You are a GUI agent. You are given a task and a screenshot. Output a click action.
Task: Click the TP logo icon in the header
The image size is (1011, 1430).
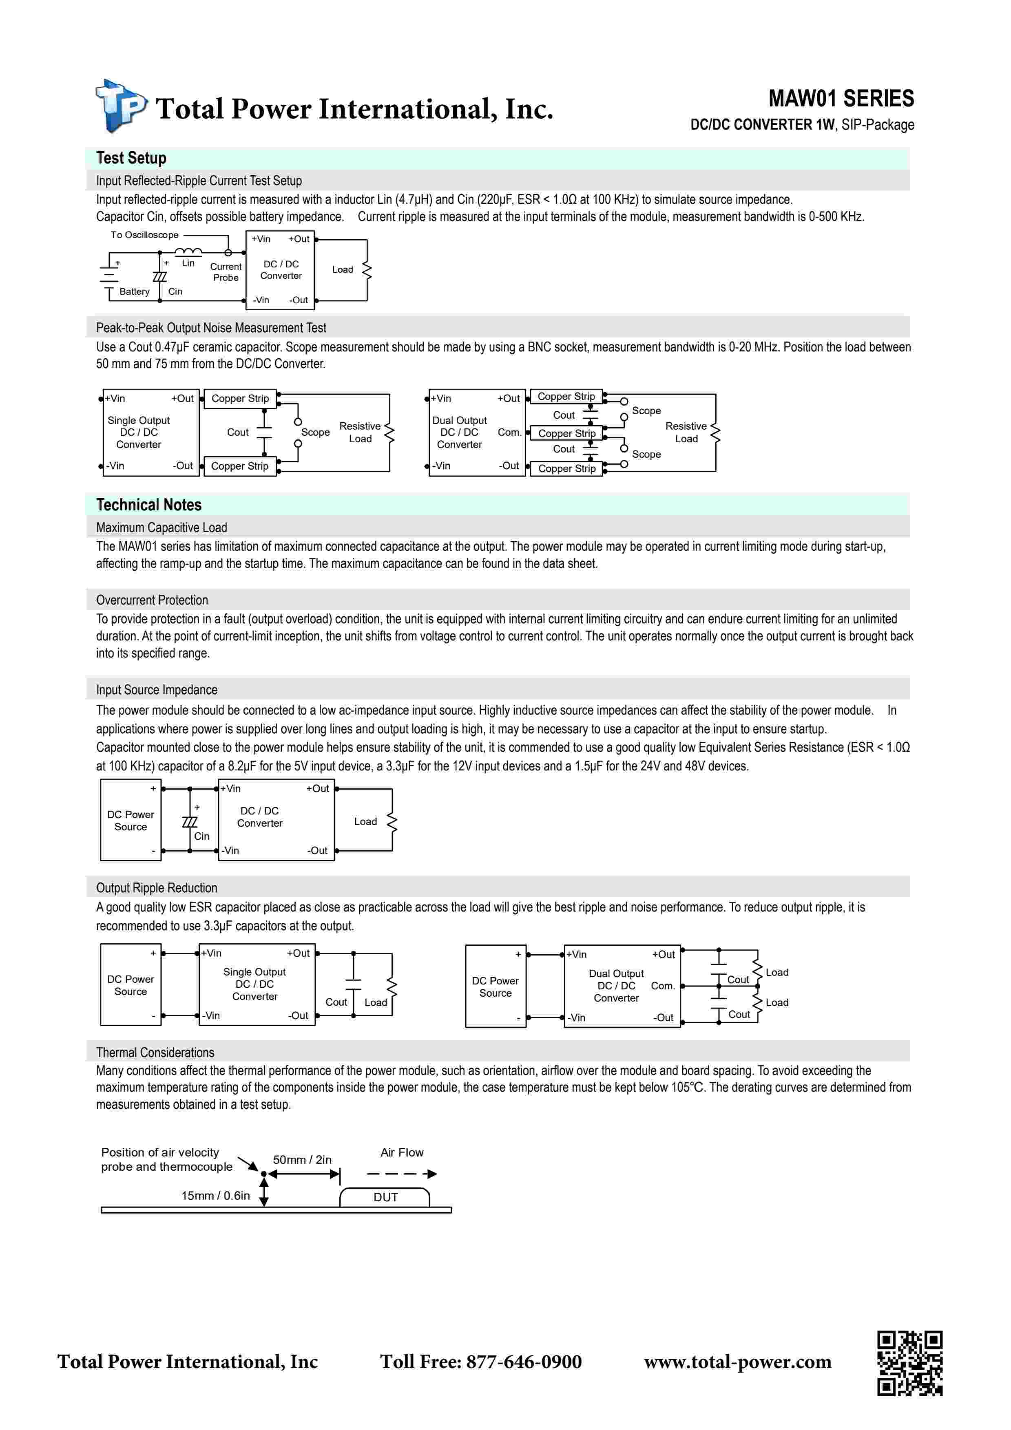[121, 106]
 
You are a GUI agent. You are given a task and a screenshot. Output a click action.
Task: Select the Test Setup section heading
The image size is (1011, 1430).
[131, 158]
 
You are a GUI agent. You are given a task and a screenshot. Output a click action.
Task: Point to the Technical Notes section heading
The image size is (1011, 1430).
[148, 505]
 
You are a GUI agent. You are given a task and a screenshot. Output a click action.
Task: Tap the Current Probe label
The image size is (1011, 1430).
[226, 272]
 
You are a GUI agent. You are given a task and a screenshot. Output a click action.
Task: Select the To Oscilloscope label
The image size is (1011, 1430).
[144, 235]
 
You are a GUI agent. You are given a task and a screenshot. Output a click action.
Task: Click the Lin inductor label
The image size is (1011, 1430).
[188, 263]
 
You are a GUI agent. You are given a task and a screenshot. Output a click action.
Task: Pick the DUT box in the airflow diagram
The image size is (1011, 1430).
[385, 1197]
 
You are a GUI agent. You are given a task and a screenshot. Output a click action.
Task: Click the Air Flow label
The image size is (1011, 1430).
[402, 1152]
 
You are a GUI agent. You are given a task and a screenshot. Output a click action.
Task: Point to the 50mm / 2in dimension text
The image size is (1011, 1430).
[302, 1160]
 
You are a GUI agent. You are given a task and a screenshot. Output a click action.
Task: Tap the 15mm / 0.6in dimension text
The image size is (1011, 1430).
[215, 1195]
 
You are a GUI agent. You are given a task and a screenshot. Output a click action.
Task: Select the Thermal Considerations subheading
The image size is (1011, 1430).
[155, 1053]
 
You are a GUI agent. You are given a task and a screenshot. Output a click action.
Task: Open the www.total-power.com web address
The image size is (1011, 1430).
[737, 1362]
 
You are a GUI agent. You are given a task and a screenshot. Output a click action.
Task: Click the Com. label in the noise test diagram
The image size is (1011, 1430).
[509, 432]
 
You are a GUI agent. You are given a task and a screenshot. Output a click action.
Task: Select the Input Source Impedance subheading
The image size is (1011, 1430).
[156, 689]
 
